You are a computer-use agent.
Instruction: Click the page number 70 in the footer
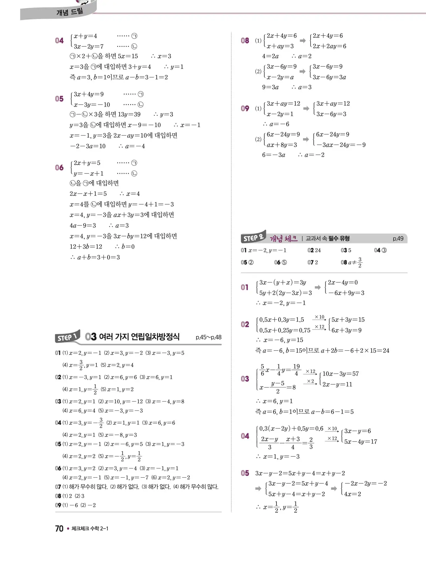point(59,528)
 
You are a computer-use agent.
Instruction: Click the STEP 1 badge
point(67,337)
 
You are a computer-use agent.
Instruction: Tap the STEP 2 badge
point(253,238)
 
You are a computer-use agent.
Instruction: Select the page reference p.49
point(398,239)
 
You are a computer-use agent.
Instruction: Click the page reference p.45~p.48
point(208,337)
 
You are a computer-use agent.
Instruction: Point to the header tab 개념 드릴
point(70,12)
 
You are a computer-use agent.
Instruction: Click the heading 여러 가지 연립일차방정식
point(139,337)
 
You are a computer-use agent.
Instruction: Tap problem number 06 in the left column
point(59,168)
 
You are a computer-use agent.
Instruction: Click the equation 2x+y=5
point(87,163)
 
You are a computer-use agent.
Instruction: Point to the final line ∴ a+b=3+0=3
point(95,257)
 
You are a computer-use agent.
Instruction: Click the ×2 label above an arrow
point(310,381)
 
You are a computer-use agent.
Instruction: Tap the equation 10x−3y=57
point(340,374)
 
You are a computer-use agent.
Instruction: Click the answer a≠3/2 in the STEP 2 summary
point(355,262)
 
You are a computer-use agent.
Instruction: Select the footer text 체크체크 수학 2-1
point(90,528)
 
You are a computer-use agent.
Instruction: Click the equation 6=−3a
point(274,155)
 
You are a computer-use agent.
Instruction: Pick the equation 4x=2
point(353,494)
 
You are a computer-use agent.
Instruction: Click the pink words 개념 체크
point(283,239)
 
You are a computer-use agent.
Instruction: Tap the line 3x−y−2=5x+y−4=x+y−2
point(300,473)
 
